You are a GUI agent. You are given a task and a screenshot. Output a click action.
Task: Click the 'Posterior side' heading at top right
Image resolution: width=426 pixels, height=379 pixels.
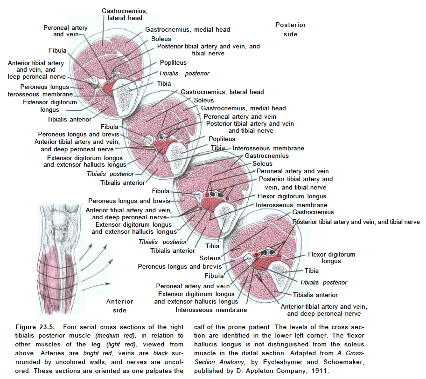[x=290, y=29]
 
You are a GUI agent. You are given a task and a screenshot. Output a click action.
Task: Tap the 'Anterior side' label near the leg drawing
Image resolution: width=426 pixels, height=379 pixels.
[x=119, y=305]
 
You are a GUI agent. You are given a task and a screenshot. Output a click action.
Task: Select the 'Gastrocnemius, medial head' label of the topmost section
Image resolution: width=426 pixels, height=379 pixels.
[x=188, y=30]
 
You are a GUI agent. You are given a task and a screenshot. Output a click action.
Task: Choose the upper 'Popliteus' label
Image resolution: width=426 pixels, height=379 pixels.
[x=173, y=62]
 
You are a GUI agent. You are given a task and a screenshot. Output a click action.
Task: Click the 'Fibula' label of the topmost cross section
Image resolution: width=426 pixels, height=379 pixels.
[x=57, y=50]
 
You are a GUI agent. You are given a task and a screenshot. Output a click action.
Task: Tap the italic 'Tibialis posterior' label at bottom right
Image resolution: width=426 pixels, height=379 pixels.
[x=323, y=282]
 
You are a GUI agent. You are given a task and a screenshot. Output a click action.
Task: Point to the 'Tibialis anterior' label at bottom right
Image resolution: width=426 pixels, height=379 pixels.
[x=315, y=294]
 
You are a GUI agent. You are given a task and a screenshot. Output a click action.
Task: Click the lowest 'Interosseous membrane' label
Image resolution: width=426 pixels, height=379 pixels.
[x=211, y=310]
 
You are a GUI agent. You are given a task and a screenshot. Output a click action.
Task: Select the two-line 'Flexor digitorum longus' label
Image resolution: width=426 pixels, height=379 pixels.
[x=331, y=257]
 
